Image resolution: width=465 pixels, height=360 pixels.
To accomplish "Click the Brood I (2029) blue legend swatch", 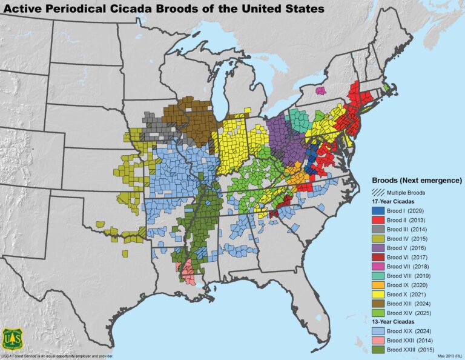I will pos(377,210).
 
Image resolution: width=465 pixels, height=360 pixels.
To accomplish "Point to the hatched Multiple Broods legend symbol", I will pos(377,192).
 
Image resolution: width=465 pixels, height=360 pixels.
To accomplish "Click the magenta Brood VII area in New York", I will pos(321,90).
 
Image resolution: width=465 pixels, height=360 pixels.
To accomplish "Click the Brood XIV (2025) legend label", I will pos(407,313).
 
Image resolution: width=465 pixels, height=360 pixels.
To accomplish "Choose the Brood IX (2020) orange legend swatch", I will pos(377,285).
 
